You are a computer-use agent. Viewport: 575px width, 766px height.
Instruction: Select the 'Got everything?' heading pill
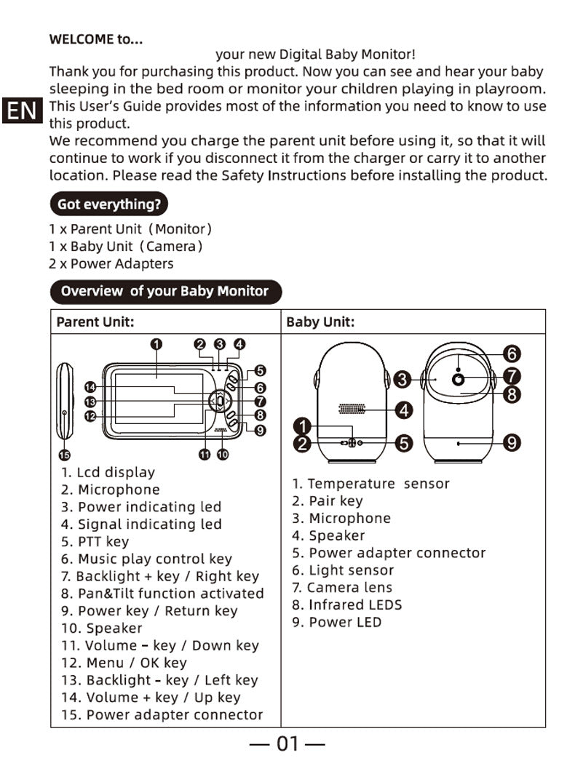click(108, 204)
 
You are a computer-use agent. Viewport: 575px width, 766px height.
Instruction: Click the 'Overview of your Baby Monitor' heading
click(164, 291)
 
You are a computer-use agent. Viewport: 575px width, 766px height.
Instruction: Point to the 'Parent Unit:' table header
click(95, 322)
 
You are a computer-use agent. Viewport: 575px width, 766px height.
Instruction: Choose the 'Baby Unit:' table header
click(320, 322)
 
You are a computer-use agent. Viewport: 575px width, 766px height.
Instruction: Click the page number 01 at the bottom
click(287, 743)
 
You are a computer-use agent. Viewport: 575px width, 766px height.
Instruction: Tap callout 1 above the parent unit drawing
click(156, 344)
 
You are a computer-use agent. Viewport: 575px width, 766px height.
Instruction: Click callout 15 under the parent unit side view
click(63, 455)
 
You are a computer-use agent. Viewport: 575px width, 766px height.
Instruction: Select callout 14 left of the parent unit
click(90, 387)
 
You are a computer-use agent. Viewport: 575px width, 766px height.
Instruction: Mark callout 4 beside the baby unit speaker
click(405, 410)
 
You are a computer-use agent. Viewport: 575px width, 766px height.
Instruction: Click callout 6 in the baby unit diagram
click(512, 354)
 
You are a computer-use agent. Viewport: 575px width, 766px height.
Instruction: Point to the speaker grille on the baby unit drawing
click(352, 410)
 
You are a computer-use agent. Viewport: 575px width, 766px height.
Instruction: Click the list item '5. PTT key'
click(95, 541)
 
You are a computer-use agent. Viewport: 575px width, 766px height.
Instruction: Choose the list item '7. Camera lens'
click(342, 587)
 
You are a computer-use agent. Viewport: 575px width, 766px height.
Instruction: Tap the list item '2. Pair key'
click(328, 500)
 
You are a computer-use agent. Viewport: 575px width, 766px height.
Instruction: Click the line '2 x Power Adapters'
click(111, 263)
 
